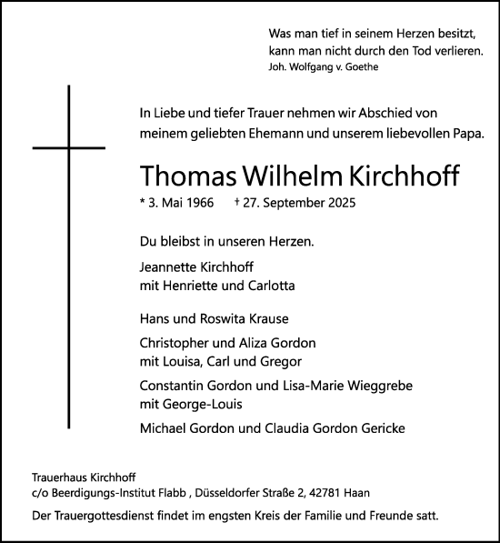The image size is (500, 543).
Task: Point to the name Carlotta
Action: [x=268, y=286]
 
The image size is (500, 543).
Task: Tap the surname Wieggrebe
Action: [x=376, y=386]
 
